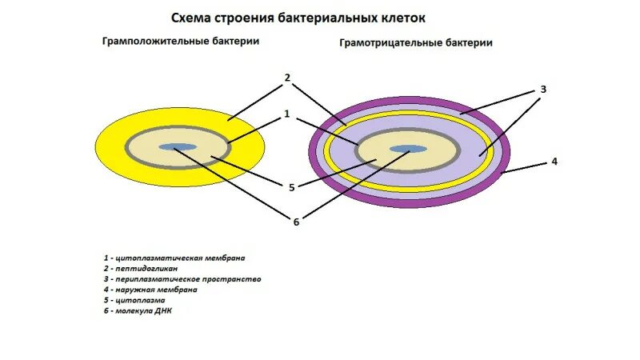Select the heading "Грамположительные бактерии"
180,42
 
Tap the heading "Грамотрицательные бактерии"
415,43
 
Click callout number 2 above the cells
286,78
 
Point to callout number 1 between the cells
286,114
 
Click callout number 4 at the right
554,161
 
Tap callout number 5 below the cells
292,187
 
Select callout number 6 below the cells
295,221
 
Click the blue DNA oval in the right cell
408,149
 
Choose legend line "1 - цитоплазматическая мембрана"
174,258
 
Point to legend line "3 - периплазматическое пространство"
182,279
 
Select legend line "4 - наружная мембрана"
150,290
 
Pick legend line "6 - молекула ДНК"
142,310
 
